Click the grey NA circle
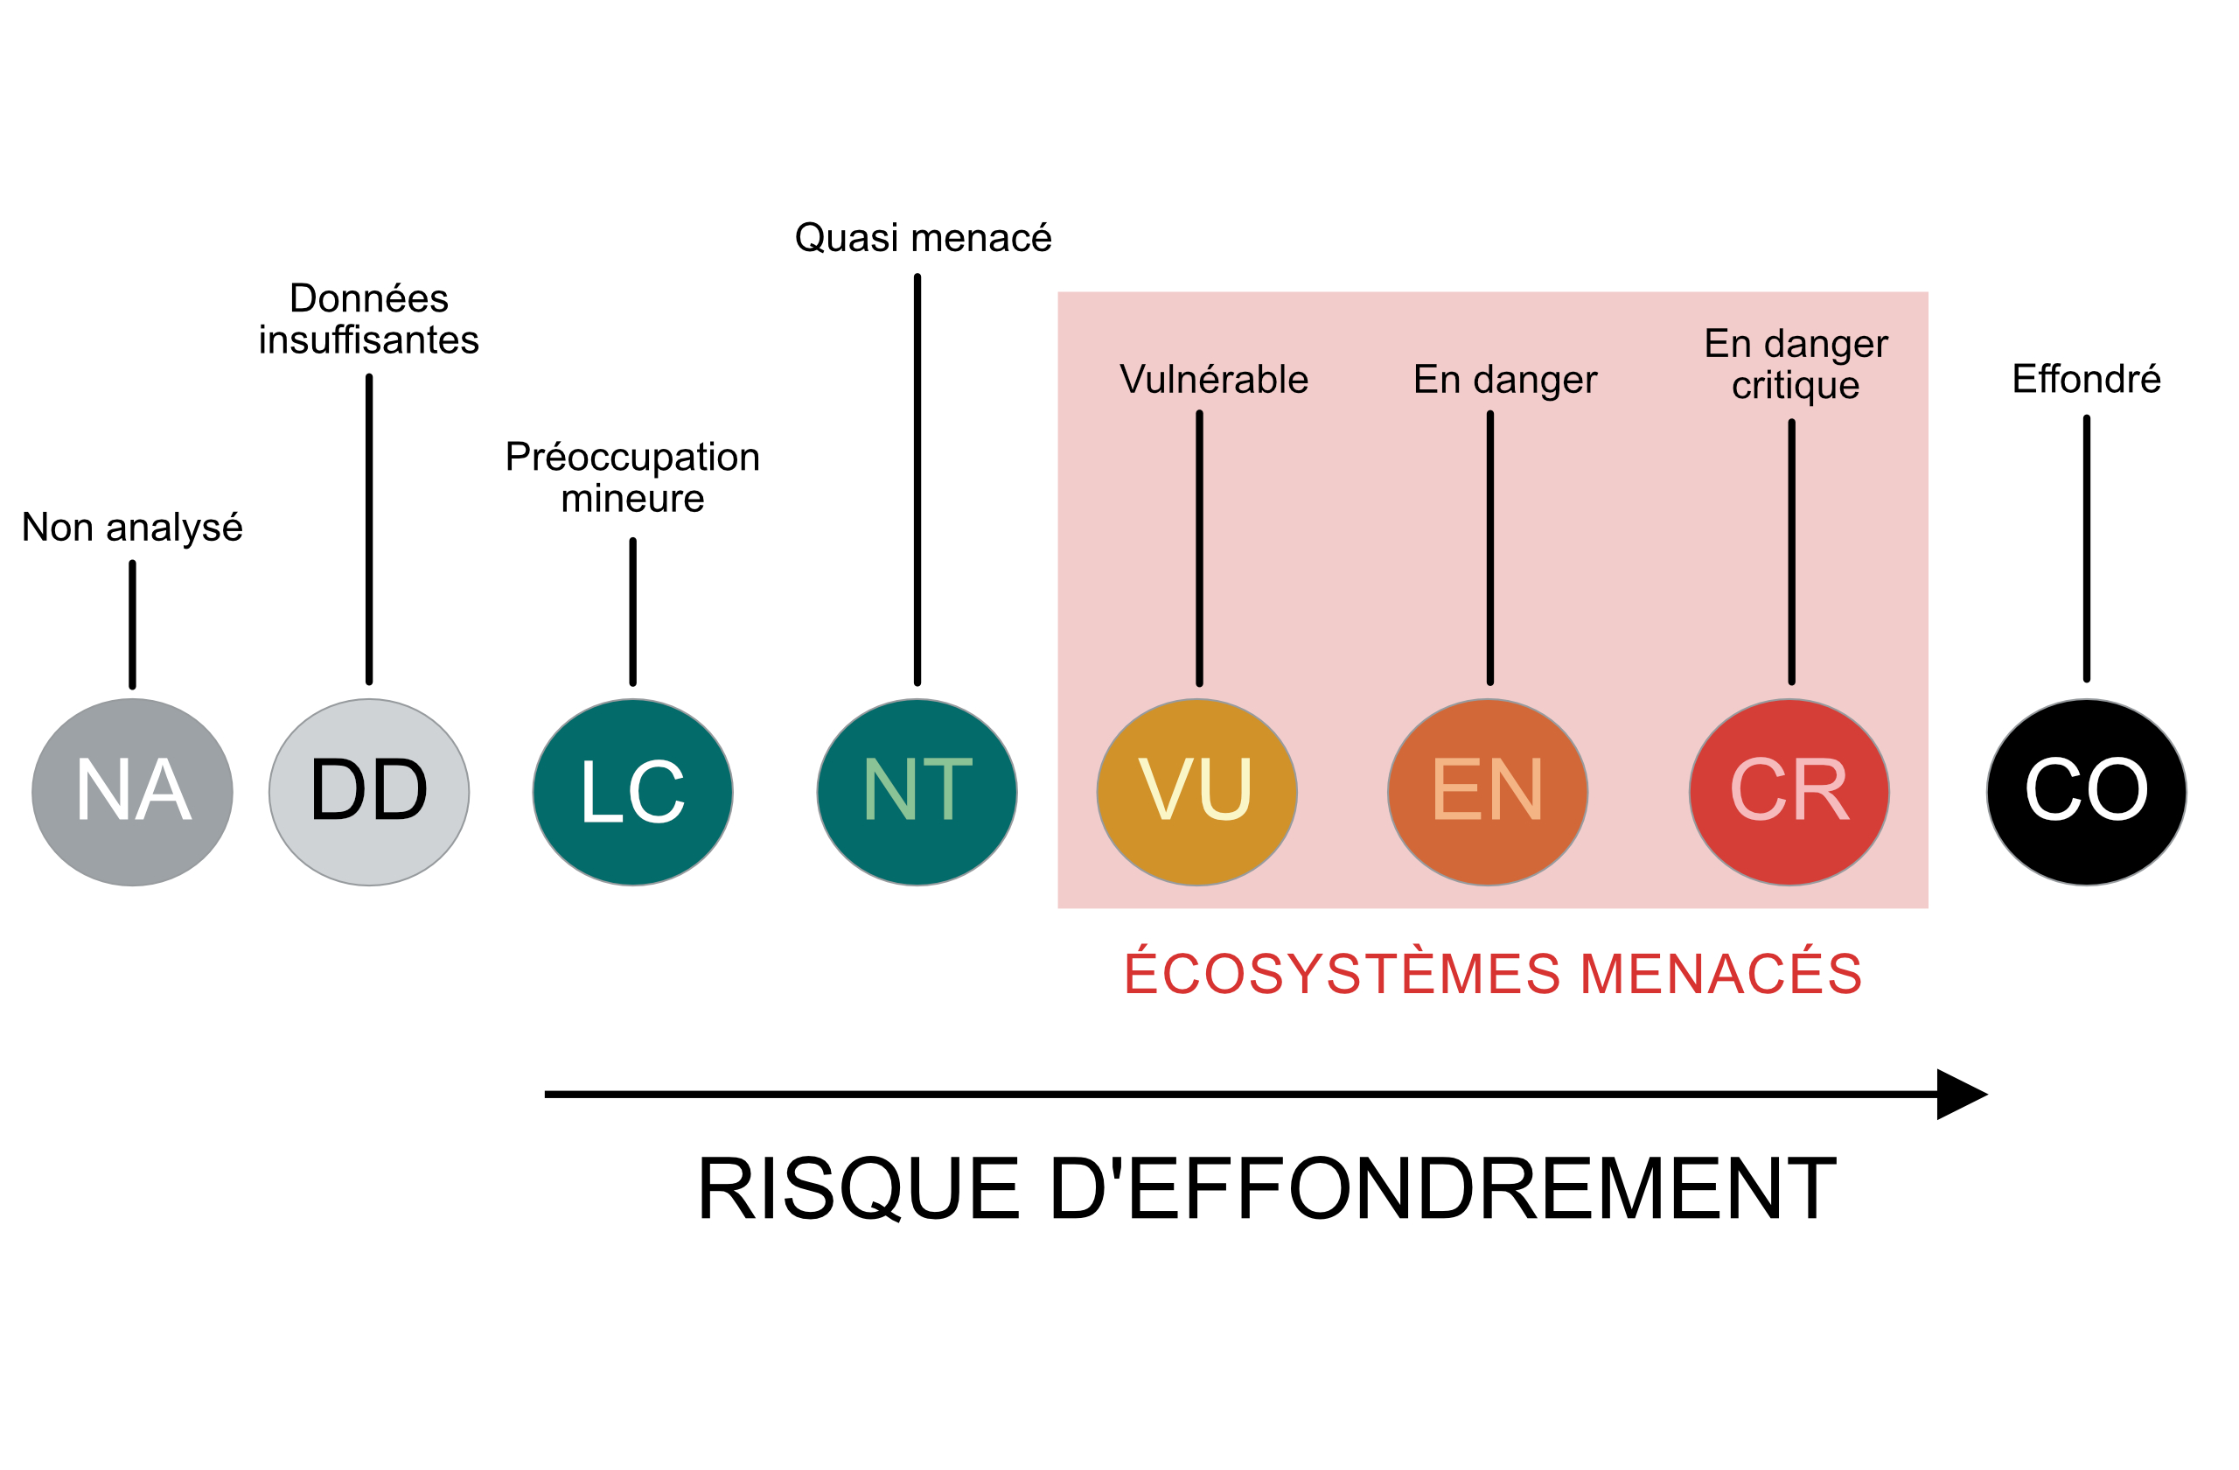point(133,792)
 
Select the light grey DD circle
point(369,792)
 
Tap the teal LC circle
point(632,792)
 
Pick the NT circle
point(917,792)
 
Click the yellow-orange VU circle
point(1196,792)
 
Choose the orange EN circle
point(1488,792)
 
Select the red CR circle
point(1789,792)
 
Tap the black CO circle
point(2087,792)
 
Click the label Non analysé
point(132,527)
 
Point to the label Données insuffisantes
point(369,318)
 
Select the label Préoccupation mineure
point(632,477)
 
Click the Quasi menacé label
point(923,238)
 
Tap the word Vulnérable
point(1214,379)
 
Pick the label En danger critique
point(1795,364)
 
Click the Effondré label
point(2086,378)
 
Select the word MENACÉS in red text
point(1720,973)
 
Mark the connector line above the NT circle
point(917,480)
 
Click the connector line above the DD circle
point(369,528)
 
